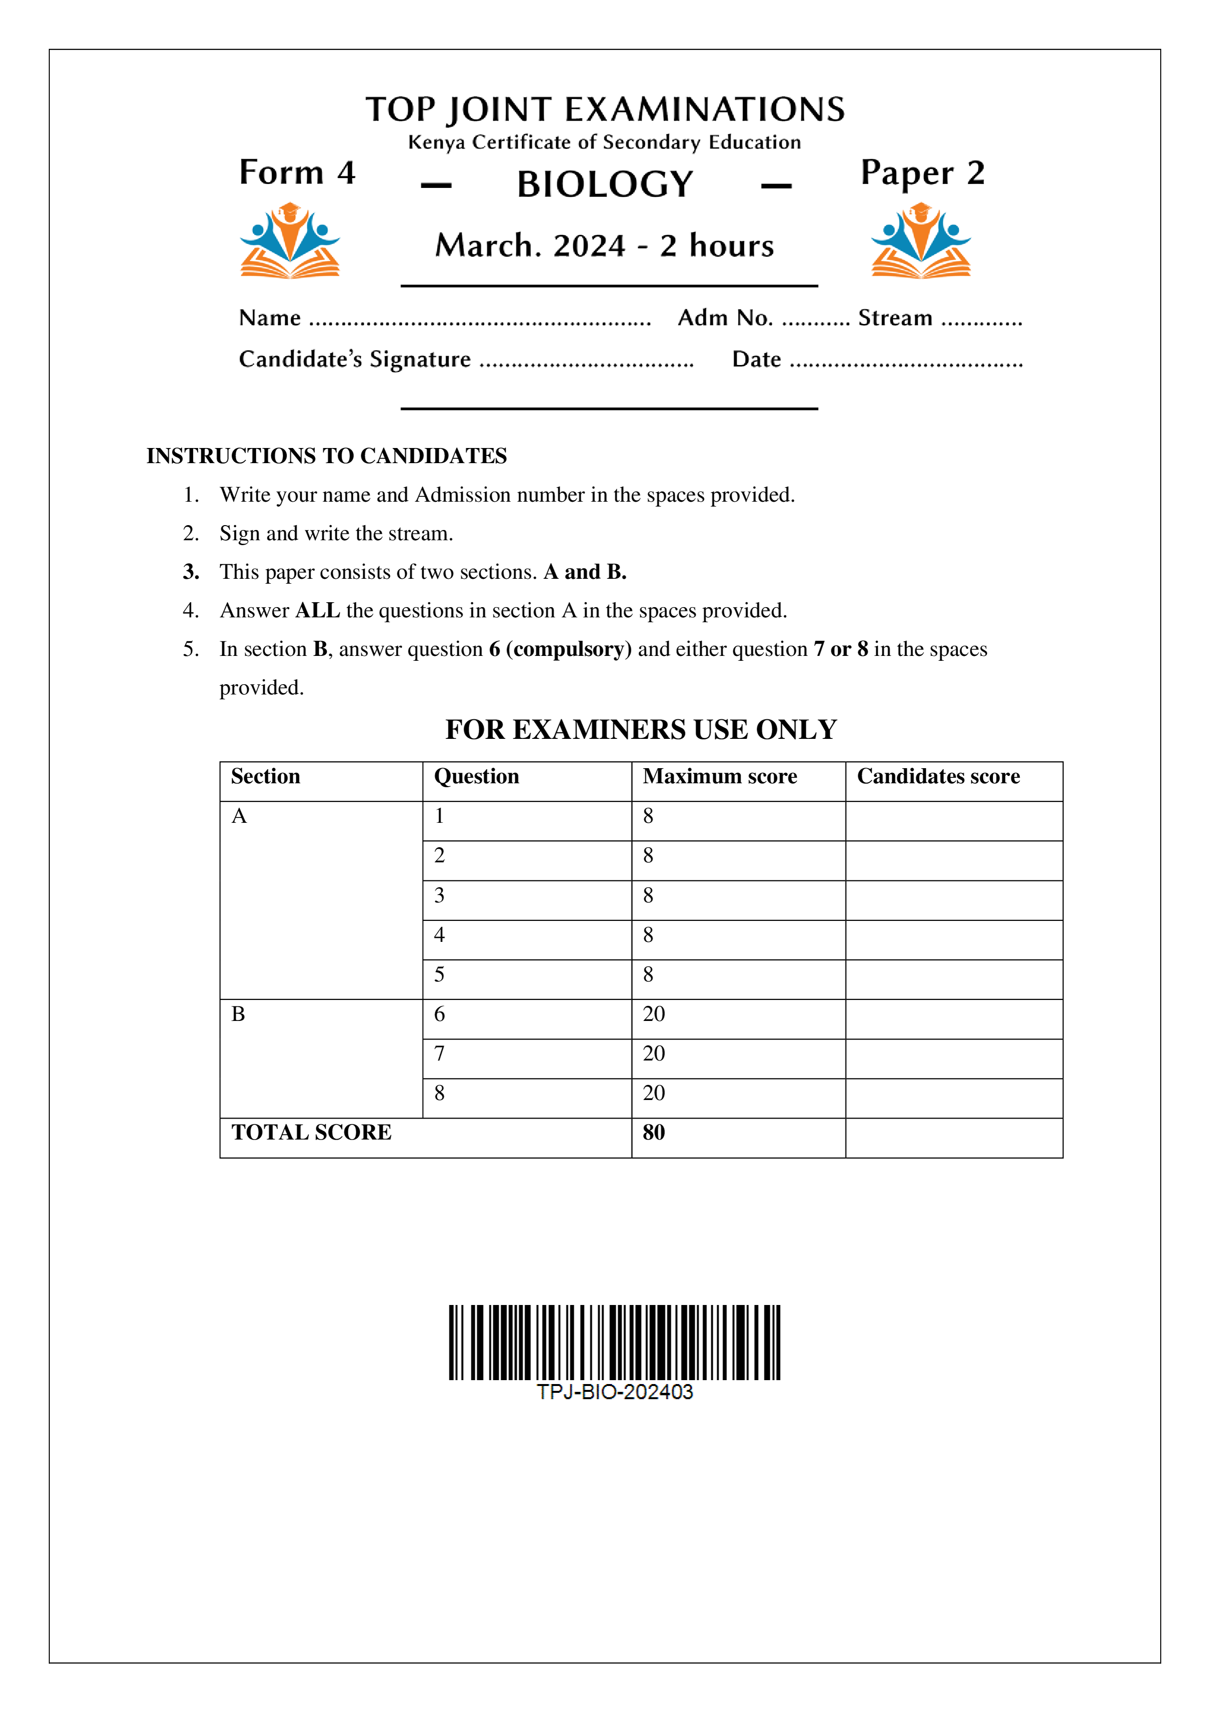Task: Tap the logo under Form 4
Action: (289, 241)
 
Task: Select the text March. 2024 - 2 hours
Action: (605, 246)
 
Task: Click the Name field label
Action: (270, 318)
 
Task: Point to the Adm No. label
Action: (724, 318)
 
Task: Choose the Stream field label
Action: (895, 318)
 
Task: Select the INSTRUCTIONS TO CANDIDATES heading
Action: (326, 456)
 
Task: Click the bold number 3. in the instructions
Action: (191, 572)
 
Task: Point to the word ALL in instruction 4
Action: (318, 611)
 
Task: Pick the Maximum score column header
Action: (720, 777)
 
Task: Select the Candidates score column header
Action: (938, 777)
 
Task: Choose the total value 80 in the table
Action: (653, 1133)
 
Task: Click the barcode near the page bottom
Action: (614, 1342)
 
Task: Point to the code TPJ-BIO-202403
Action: (614, 1392)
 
